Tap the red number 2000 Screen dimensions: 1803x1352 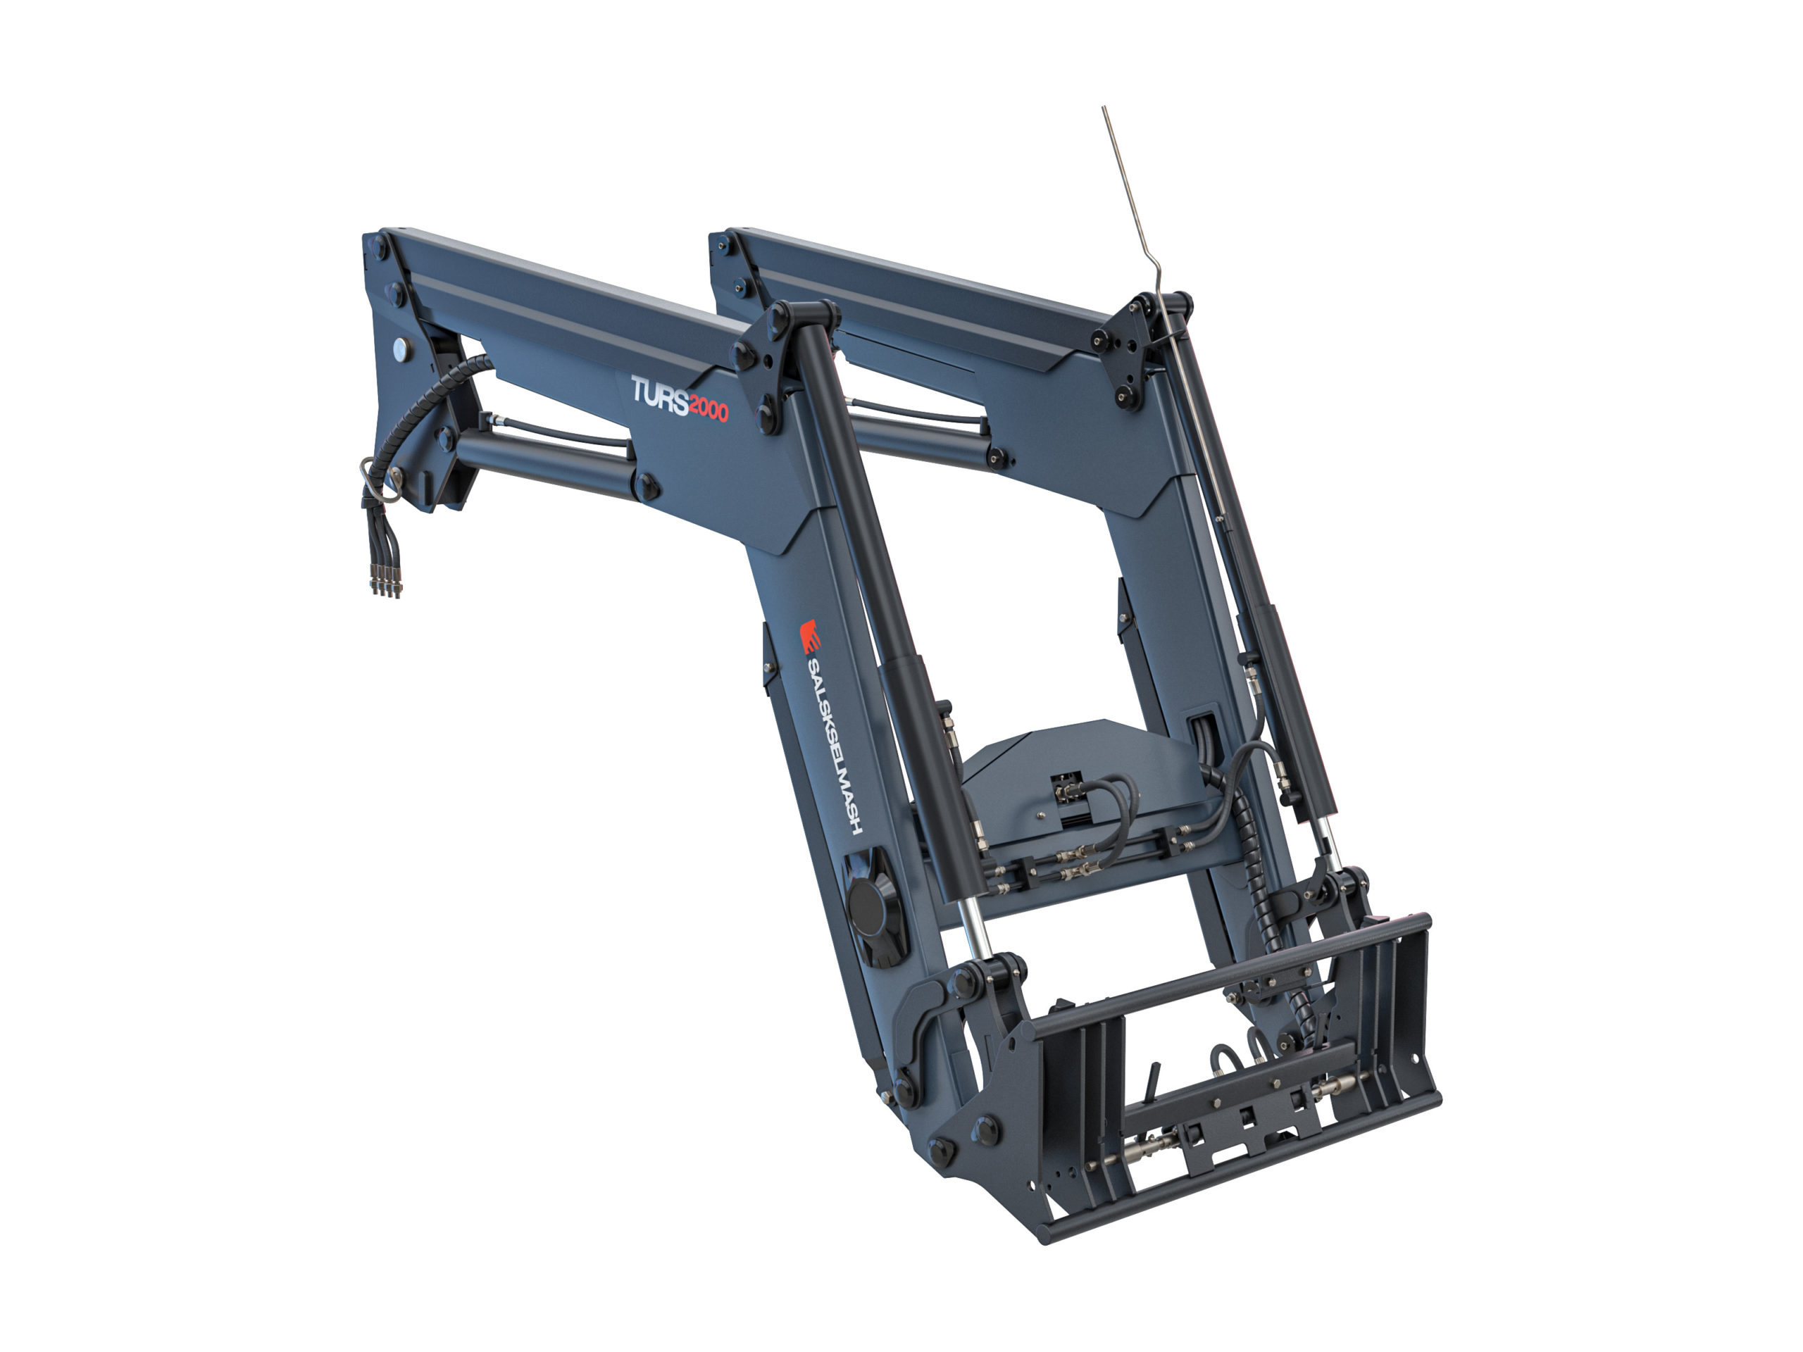(x=709, y=409)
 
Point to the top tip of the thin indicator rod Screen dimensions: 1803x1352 (x=1104, y=108)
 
